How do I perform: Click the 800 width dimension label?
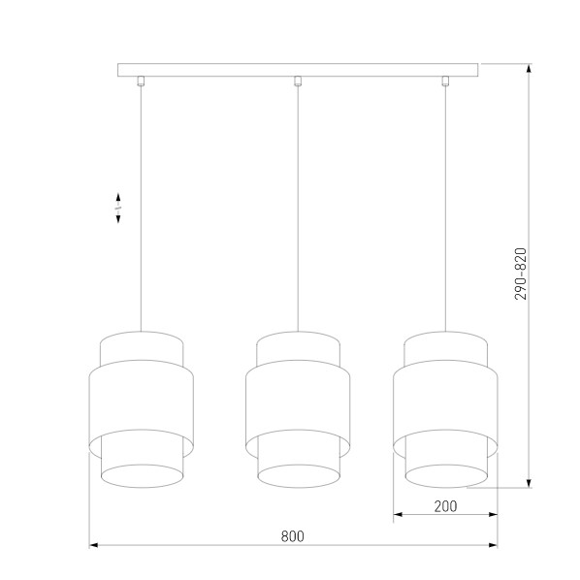(x=293, y=536)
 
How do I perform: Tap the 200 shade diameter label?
(x=445, y=506)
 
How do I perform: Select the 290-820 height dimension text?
(x=521, y=274)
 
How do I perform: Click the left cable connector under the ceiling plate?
(x=141, y=81)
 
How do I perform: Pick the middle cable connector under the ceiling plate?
(x=298, y=81)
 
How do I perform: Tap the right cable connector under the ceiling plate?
(x=445, y=81)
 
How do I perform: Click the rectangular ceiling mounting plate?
(x=298, y=70)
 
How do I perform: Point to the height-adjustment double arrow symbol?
(x=118, y=208)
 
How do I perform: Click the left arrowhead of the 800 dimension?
(x=93, y=545)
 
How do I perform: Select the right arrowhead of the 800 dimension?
(x=493, y=545)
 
